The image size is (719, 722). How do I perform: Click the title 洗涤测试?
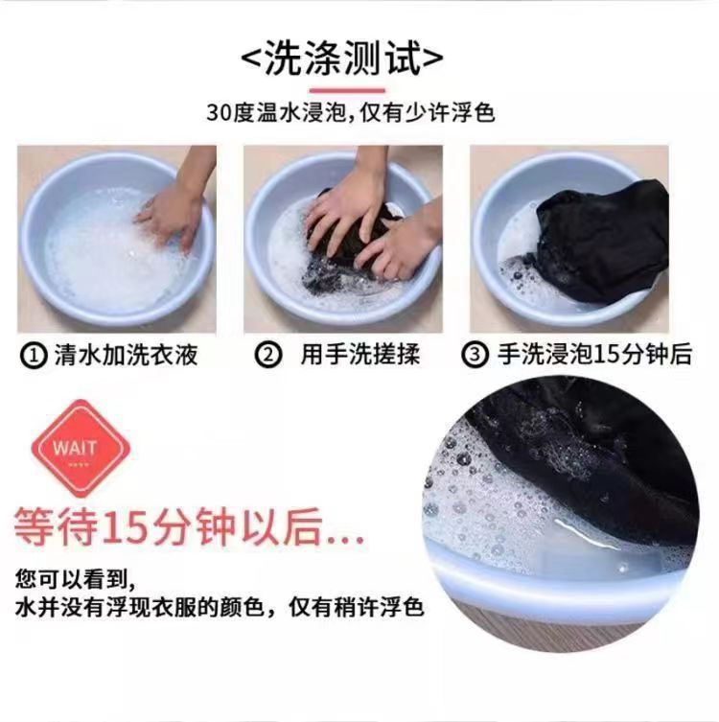pos(342,58)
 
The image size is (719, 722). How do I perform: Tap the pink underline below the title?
pos(347,91)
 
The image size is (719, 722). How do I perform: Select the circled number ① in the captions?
pos(34,356)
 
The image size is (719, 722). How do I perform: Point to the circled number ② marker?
pos(267,356)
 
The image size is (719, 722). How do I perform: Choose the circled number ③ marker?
pos(475,356)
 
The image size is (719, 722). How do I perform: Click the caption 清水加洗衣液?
pos(126,356)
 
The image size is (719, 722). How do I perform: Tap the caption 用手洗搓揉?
pos(360,356)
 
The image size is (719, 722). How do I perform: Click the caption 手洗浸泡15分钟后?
pos(595,356)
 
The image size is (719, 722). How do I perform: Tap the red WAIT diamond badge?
pos(81,449)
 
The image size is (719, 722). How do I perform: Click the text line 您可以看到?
pos(76,579)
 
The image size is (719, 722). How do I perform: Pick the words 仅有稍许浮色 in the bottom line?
pos(357,608)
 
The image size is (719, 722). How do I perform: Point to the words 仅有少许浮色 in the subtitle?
pos(428,113)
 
